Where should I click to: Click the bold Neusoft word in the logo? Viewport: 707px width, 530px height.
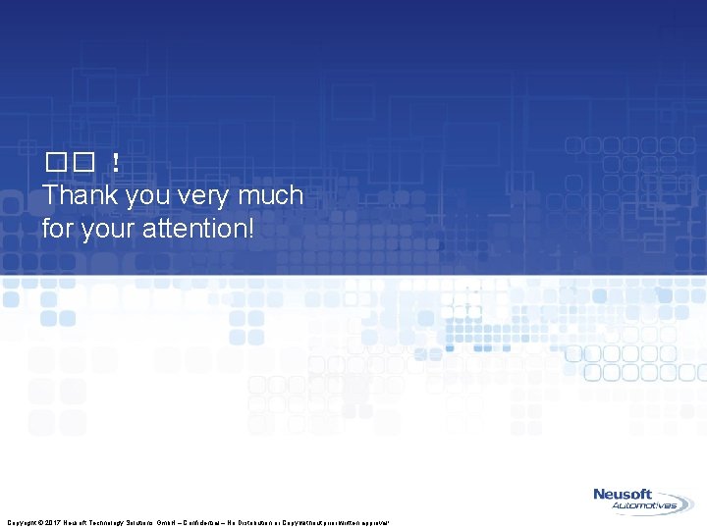click(628, 495)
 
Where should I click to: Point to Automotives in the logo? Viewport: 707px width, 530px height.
click(644, 507)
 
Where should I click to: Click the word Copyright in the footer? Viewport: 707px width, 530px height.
click(21, 523)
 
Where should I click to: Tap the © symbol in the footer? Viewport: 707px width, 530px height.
click(39, 523)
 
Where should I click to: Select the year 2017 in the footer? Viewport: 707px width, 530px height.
click(53, 523)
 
